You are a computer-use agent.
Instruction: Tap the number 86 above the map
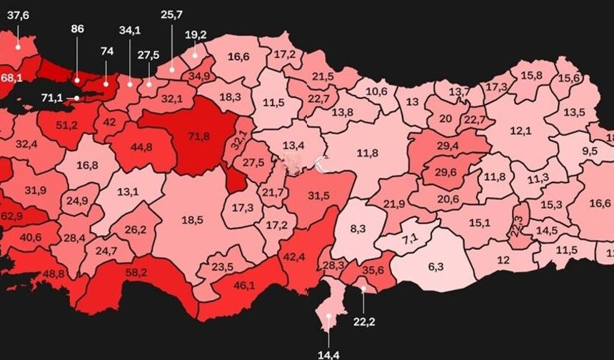coord(78,29)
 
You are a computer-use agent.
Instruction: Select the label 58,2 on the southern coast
coord(137,273)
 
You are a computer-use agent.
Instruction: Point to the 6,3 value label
coord(436,266)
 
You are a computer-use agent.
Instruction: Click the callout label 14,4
coord(328,352)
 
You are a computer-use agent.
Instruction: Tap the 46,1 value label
coord(244,285)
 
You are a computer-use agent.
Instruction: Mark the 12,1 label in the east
coord(520,131)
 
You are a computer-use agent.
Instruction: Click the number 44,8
coord(141,148)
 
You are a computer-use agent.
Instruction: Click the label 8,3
coord(358,229)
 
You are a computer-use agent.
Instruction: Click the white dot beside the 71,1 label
coord(77,98)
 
